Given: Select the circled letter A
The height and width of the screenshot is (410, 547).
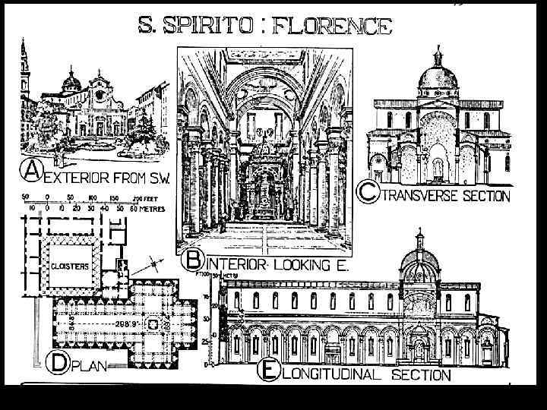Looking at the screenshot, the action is tap(31, 172).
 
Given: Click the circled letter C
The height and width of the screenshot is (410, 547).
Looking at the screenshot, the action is tap(368, 193).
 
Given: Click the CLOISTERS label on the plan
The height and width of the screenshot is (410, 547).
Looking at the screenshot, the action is tap(71, 266).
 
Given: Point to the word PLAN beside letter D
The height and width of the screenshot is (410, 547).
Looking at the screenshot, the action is tap(91, 365).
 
